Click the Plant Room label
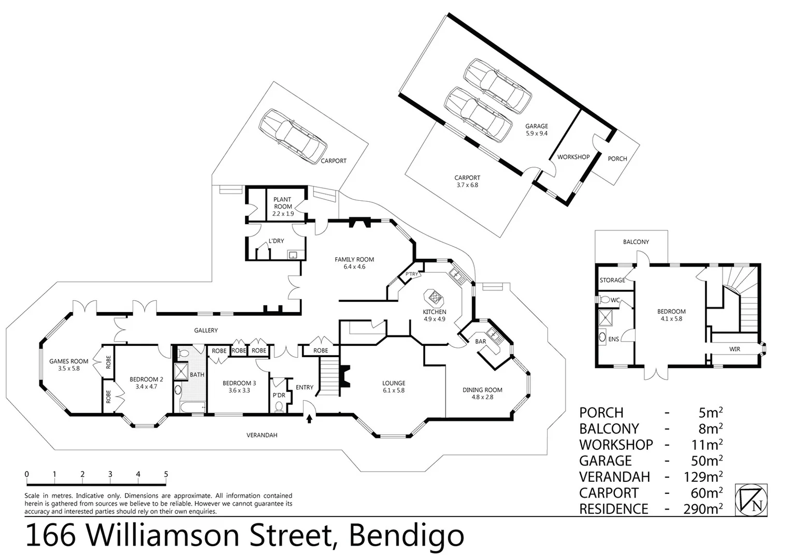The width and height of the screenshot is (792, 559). pyautogui.click(x=283, y=203)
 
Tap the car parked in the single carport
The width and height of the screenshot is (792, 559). pyautogui.click(x=293, y=136)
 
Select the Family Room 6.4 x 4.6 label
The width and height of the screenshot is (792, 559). pyautogui.click(x=354, y=263)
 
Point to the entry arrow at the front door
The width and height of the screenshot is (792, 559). pyautogui.click(x=310, y=418)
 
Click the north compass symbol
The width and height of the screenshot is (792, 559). pyautogui.click(x=751, y=500)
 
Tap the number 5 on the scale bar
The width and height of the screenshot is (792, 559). pyautogui.click(x=166, y=474)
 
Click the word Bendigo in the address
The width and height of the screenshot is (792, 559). pyautogui.click(x=406, y=536)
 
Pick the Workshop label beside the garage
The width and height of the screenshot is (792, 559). pyautogui.click(x=573, y=157)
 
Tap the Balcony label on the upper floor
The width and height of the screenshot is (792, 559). pyautogui.click(x=636, y=242)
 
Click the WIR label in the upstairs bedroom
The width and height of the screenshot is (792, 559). pyautogui.click(x=735, y=349)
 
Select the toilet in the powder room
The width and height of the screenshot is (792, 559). pyautogui.click(x=280, y=406)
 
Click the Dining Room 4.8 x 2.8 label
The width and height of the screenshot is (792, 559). pyautogui.click(x=482, y=393)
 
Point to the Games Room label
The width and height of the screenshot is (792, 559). pyautogui.click(x=68, y=365)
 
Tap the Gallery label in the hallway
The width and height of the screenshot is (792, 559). pyautogui.click(x=206, y=330)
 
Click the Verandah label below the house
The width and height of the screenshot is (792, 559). pyautogui.click(x=262, y=435)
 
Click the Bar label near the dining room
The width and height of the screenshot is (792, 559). pyautogui.click(x=480, y=341)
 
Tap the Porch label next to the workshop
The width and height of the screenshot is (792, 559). pyautogui.click(x=617, y=159)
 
